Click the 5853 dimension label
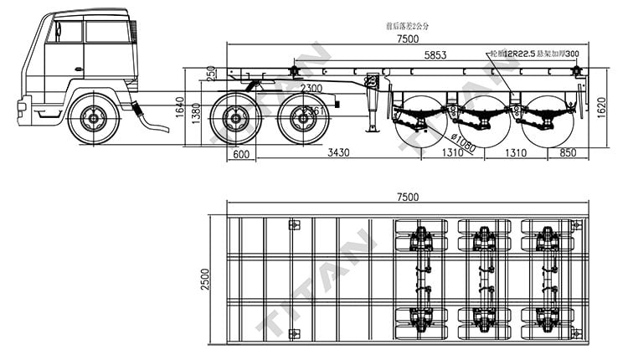coord(435,55)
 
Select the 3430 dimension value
coord(338,153)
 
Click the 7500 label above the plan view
coord(408,197)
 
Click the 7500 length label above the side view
coord(408,40)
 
